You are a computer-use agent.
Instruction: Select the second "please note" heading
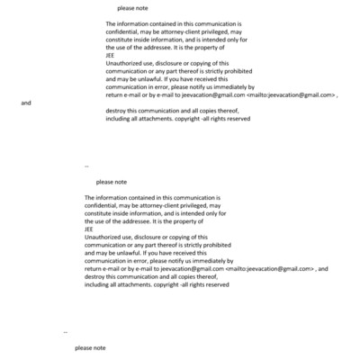point(111,182)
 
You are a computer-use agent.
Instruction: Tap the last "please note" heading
point(90,347)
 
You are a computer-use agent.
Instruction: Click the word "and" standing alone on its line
point(25,103)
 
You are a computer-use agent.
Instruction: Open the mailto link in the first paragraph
point(293,94)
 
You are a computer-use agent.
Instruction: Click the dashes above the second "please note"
point(86,166)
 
